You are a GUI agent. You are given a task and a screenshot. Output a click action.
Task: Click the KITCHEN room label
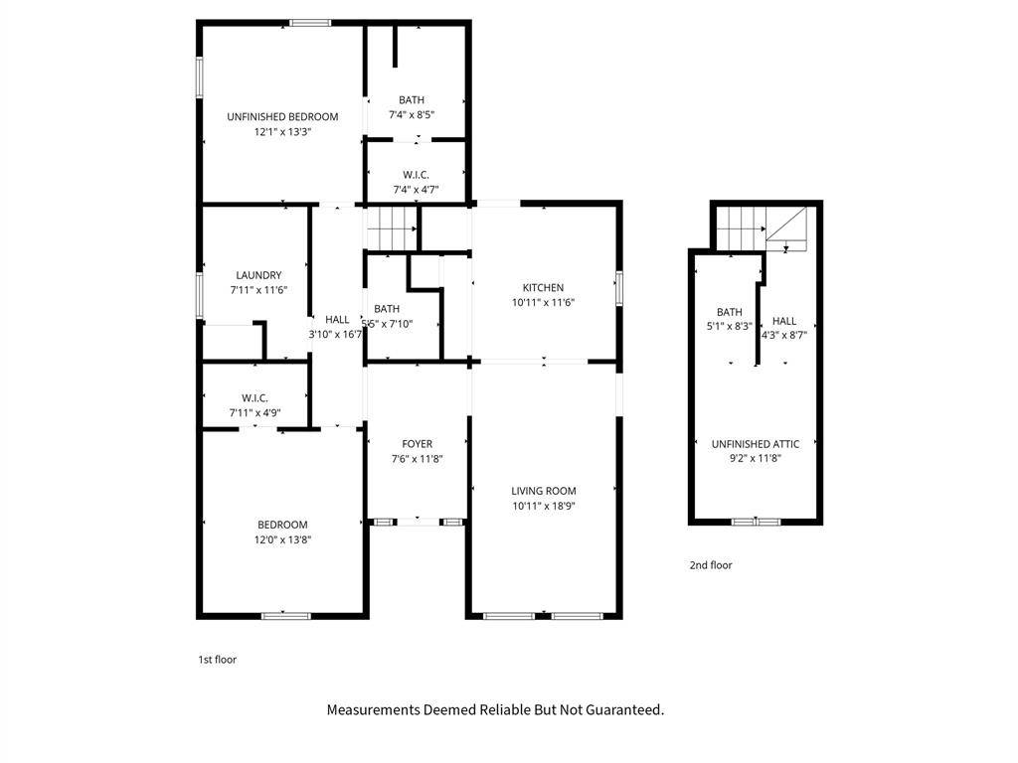(x=543, y=287)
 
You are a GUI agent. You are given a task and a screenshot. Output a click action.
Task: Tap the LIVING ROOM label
(x=544, y=491)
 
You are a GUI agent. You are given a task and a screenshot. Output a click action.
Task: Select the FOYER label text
(x=417, y=444)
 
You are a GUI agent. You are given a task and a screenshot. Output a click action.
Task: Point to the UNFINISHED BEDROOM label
(x=282, y=117)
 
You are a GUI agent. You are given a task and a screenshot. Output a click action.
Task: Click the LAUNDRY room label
(x=258, y=275)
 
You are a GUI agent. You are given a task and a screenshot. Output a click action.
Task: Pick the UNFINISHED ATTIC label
(x=756, y=444)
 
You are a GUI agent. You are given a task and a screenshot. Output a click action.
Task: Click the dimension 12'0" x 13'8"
(x=282, y=539)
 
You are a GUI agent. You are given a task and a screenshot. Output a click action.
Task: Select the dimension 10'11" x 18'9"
(x=544, y=506)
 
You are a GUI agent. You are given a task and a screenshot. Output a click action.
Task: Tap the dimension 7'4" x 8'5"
(x=411, y=115)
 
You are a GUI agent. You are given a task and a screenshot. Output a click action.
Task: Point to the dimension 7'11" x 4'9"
(x=254, y=412)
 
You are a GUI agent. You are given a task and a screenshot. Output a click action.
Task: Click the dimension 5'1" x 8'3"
(x=729, y=326)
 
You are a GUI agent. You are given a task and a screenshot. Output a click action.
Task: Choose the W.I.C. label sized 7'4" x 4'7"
(x=416, y=175)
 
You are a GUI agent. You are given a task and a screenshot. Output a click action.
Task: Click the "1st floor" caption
(x=218, y=660)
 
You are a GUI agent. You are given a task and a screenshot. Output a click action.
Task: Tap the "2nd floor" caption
(x=711, y=565)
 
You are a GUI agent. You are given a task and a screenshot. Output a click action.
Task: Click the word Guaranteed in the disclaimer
(x=623, y=709)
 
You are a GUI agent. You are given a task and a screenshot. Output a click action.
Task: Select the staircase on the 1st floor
(x=392, y=229)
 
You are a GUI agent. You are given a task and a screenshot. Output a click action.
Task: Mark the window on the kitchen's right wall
(x=619, y=288)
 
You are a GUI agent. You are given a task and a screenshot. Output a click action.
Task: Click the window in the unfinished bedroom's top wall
(x=310, y=24)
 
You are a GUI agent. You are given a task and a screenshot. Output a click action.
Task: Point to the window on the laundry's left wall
(x=200, y=295)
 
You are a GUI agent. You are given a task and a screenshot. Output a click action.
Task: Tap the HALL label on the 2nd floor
(x=784, y=321)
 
